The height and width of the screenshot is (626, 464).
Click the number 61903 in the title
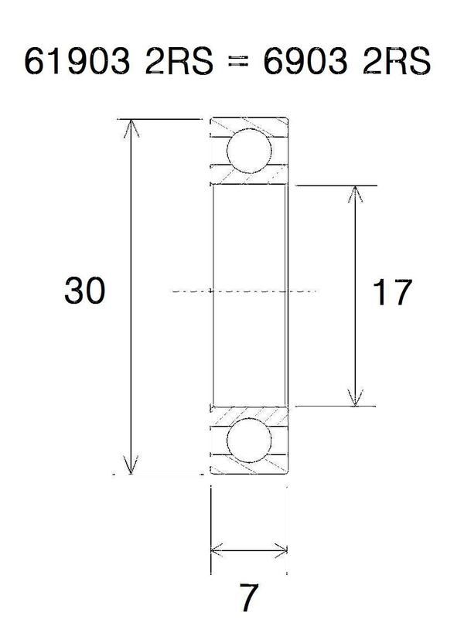[x=76, y=63]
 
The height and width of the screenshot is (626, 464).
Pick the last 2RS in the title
[x=391, y=63]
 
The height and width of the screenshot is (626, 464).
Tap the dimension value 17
[x=392, y=293]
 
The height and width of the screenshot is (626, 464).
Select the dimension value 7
[x=249, y=597]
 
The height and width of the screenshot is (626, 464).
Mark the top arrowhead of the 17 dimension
[x=355, y=192]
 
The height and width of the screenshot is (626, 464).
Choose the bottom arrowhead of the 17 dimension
[x=355, y=400]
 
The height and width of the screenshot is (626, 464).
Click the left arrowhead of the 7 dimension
[x=216, y=551]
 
